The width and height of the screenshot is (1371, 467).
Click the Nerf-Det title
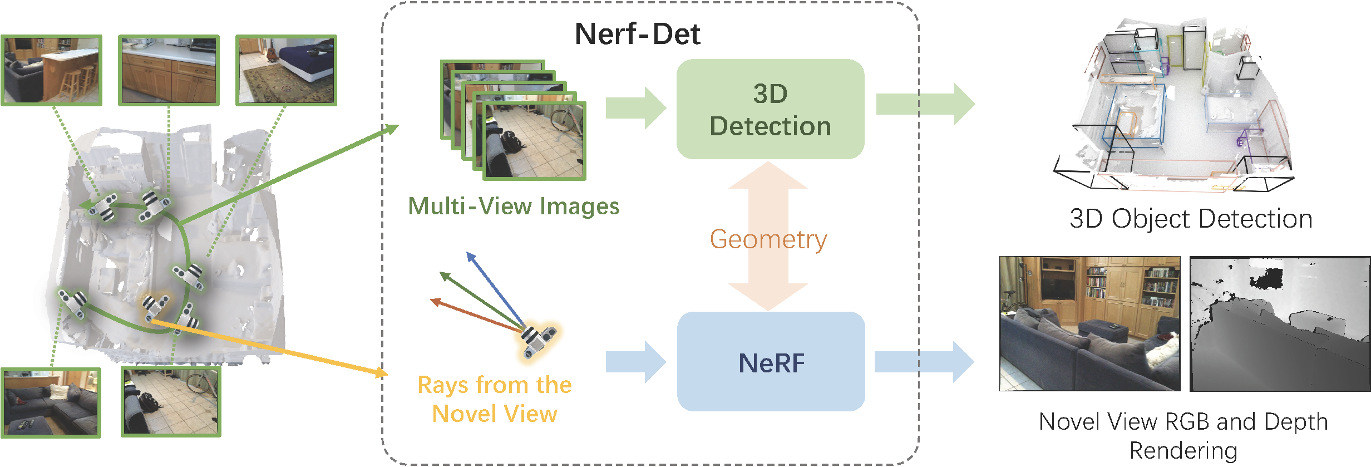pyautogui.click(x=637, y=34)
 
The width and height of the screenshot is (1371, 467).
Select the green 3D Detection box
pyautogui.click(x=770, y=109)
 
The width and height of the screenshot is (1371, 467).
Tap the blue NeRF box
pyautogui.click(x=771, y=362)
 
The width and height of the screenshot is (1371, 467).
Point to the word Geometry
pyautogui.click(x=768, y=239)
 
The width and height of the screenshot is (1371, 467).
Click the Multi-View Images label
pyautogui.click(x=514, y=207)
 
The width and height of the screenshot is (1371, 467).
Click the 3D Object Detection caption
pyautogui.click(x=1191, y=219)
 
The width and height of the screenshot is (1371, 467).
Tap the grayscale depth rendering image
pyautogui.click(x=1280, y=323)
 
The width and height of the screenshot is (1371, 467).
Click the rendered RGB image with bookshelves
pyautogui.click(x=1089, y=323)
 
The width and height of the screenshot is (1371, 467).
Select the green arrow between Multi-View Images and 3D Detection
pyautogui.click(x=635, y=107)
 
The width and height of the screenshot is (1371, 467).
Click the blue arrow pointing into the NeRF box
pyautogui.click(x=635, y=362)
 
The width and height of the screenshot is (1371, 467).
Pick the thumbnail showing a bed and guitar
pyautogui.click(x=286, y=70)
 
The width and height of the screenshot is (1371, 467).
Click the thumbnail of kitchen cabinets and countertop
pyautogui.click(x=169, y=70)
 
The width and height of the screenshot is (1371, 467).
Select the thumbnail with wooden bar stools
pyautogui.click(x=51, y=70)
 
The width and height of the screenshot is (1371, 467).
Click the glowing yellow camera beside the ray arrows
pyautogui.click(x=538, y=340)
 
